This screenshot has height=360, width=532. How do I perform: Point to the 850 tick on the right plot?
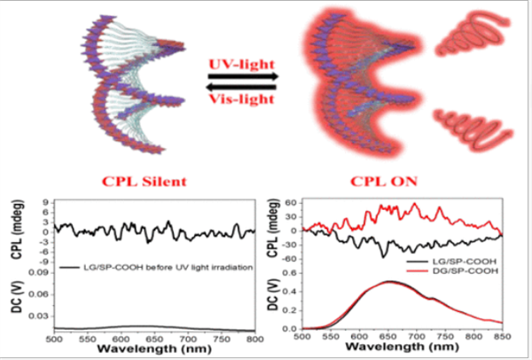click(x=501, y=338)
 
